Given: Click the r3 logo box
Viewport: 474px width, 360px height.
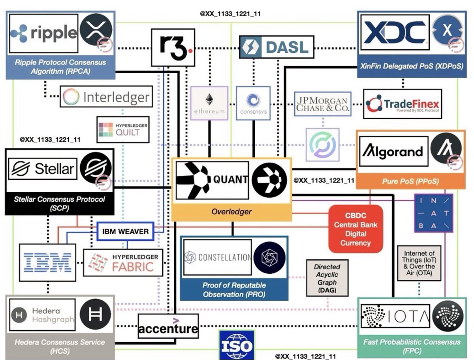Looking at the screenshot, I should click(173, 47).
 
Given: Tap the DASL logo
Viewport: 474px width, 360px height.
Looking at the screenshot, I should click(276, 47).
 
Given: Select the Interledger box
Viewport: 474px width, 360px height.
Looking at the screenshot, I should click(106, 97).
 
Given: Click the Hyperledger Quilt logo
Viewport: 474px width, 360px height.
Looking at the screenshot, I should click(123, 129).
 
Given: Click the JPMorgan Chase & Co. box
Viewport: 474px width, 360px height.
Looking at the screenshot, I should click(323, 104).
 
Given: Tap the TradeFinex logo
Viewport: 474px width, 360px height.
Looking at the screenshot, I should click(402, 104).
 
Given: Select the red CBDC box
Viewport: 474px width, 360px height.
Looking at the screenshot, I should click(355, 229).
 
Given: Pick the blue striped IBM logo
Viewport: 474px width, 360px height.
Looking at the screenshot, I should click(47, 262).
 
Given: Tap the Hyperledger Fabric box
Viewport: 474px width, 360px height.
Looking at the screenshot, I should click(123, 262).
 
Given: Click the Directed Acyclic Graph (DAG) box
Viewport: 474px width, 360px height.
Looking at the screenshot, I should click(327, 277).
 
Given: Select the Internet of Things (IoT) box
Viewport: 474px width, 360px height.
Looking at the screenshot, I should click(419, 263).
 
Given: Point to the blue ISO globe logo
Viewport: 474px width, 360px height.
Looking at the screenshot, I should click(236, 346).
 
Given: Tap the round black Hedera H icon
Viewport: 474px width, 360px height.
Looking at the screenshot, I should click(95, 314).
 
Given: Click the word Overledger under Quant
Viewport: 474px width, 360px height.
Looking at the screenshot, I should click(231, 212).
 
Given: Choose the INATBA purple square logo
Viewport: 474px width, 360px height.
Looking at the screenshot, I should click(433, 213).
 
